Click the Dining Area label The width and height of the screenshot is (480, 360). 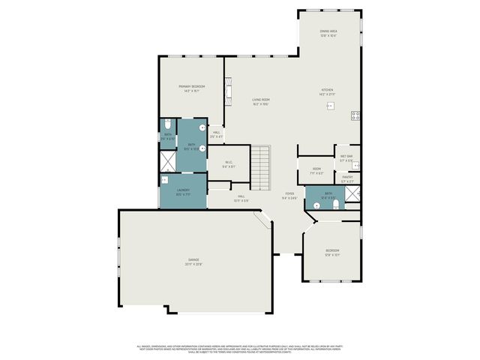click(x=328, y=33)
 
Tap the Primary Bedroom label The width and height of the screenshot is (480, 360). click(x=192, y=88)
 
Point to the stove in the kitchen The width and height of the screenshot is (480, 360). click(x=355, y=115)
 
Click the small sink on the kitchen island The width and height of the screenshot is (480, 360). click(x=329, y=106)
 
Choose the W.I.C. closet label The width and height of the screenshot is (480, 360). click(x=229, y=164)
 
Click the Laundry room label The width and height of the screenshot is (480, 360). click(x=183, y=191)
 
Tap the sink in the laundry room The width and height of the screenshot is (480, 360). click(x=165, y=180)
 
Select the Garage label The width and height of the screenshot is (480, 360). click(x=193, y=262)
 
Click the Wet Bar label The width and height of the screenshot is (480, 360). click(x=346, y=158)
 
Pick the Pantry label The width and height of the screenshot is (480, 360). click(x=347, y=179)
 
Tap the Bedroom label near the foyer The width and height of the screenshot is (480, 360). click(x=332, y=252)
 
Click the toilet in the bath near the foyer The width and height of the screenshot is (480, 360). click(x=336, y=203)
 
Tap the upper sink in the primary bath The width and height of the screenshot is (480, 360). click(x=202, y=127)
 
